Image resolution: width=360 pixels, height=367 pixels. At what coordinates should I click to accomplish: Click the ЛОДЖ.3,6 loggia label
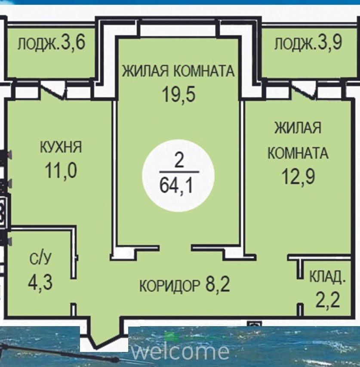point(51,44)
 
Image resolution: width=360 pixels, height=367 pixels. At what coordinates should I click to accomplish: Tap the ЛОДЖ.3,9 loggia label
point(308,43)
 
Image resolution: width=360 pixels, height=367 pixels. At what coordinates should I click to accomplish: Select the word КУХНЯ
point(61,147)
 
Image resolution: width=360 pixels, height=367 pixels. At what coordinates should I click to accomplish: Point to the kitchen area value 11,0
point(61,171)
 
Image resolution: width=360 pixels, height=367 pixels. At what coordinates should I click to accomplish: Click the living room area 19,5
point(179,94)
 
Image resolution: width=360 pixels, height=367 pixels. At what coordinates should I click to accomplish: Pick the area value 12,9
point(298,176)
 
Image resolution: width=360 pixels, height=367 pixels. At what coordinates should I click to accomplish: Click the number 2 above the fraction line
point(179,161)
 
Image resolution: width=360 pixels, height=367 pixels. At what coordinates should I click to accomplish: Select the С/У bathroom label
point(40,259)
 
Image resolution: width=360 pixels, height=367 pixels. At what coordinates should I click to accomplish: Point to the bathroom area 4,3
point(40,282)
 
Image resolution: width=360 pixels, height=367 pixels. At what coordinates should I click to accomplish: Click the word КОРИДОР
point(170,286)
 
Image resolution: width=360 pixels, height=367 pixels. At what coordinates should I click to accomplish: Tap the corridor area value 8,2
point(218,284)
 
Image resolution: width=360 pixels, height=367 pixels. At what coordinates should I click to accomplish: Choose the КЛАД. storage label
point(327,277)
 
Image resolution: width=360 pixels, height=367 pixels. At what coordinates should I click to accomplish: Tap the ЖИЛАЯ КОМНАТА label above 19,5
point(178,71)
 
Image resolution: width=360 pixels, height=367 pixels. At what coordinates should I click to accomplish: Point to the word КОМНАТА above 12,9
point(298,153)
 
